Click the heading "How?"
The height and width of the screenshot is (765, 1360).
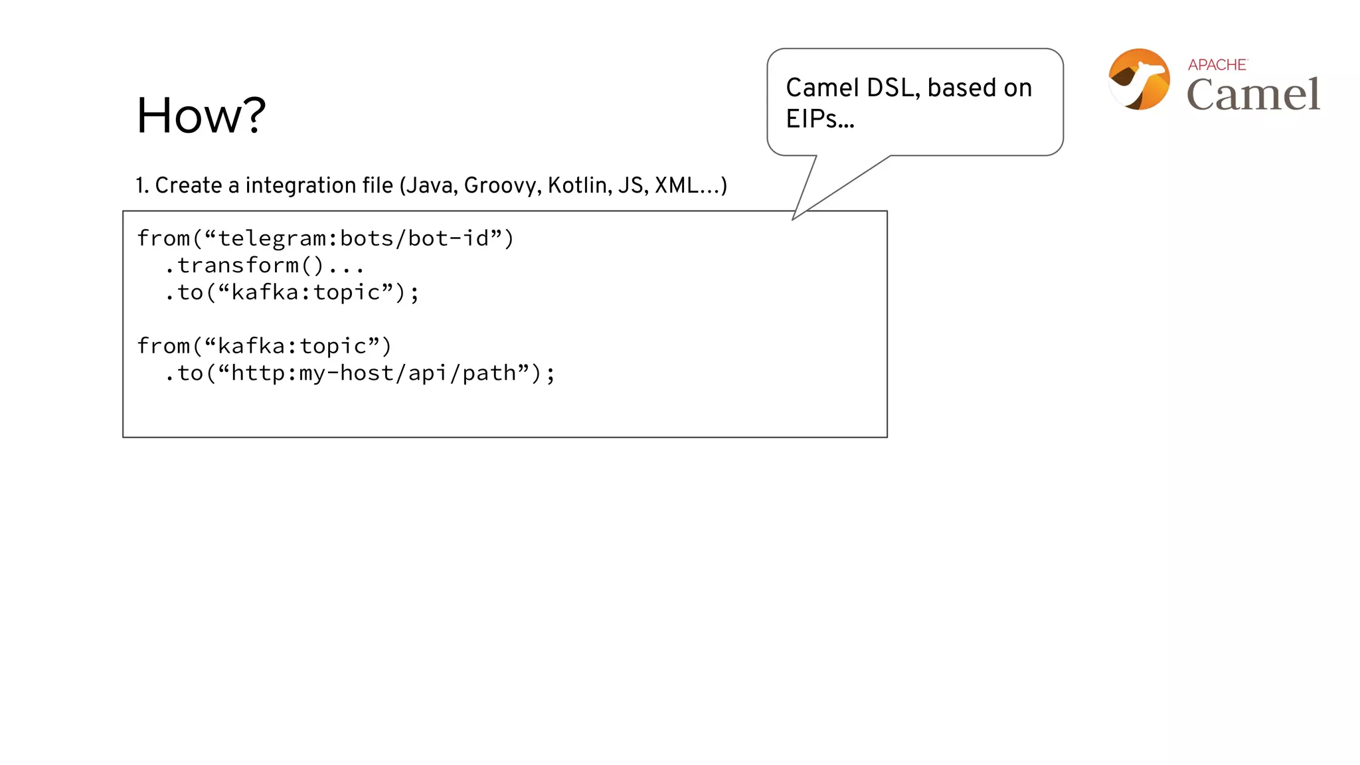[x=201, y=116]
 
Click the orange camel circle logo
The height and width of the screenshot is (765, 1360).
[x=1140, y=79]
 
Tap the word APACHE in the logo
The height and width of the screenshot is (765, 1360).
[x=1217, y=64]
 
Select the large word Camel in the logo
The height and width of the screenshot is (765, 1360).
[x=1253, y=94]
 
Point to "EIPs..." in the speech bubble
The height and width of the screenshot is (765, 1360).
[x=819, y=119]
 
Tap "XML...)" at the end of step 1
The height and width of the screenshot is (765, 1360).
[x=691, y=185]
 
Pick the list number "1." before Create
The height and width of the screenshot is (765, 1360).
[x=142, y=185]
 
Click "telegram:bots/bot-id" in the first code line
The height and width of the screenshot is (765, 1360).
[x=353, y=238]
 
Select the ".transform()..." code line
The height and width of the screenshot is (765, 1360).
[x=264, y=266]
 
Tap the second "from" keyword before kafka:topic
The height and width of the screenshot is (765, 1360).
[x=163, y=346]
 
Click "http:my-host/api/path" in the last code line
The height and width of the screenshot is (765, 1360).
[x=373, y=373]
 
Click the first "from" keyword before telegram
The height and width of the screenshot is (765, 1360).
[x=163, y=238]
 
